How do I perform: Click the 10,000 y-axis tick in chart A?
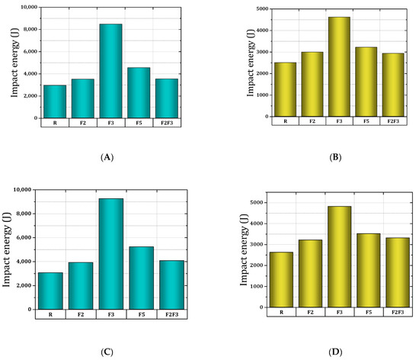[x=24, y=7]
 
